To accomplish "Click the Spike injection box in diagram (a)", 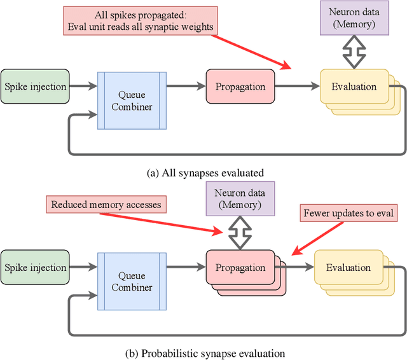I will coord(35,87).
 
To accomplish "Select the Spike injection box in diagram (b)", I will coord(35,268).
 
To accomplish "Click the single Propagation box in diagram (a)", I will coord(240,87).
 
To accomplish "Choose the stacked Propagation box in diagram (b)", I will coord(240,267).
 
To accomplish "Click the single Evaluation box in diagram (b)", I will coord(347,268).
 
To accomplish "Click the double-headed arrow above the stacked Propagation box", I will coord(240,233).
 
